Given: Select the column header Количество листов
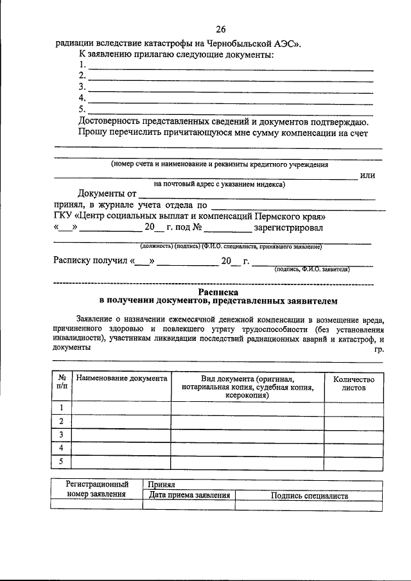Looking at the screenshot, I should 353,383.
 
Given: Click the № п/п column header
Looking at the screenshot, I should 61,383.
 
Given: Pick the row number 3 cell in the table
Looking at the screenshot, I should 61,435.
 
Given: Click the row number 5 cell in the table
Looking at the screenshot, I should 61,462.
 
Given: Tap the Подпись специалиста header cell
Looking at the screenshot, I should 309,496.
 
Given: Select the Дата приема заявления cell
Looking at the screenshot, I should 189,496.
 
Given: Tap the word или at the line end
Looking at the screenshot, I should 367,175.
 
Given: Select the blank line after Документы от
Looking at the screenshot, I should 257,196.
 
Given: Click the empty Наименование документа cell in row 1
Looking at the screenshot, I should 121,408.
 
